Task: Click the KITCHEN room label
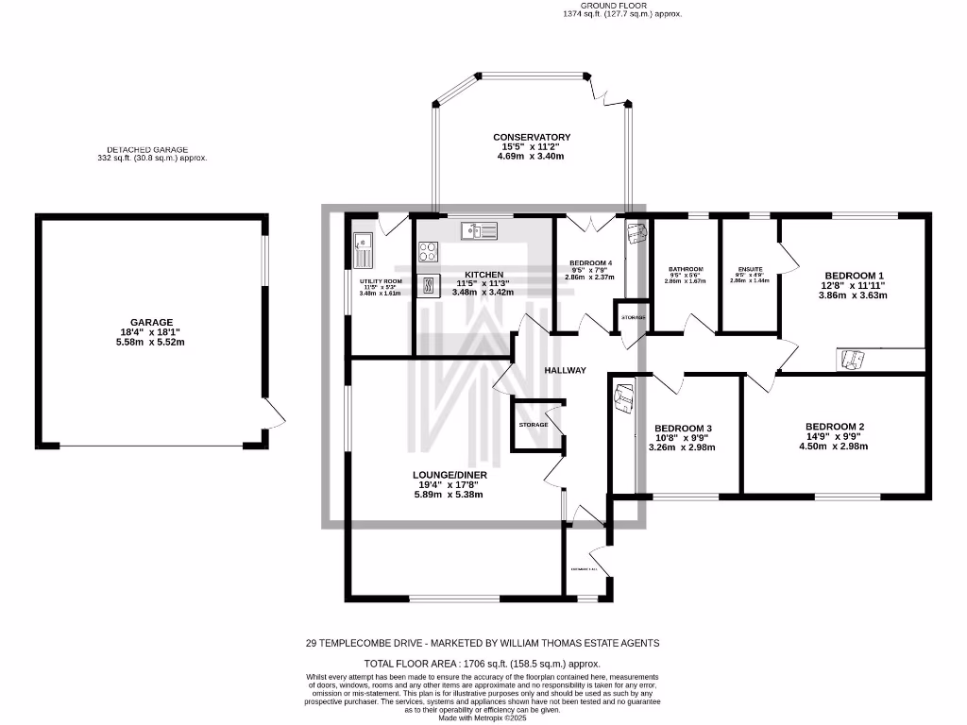click(483, 275)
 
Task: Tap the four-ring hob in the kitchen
click(428, 251)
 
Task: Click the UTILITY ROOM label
click(381, 281)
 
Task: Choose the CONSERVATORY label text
click(532, 138)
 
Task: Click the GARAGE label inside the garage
click(151, 322)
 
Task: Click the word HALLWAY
click(564, 371)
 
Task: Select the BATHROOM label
click(685, 268)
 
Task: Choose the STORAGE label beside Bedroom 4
click(633, 317)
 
